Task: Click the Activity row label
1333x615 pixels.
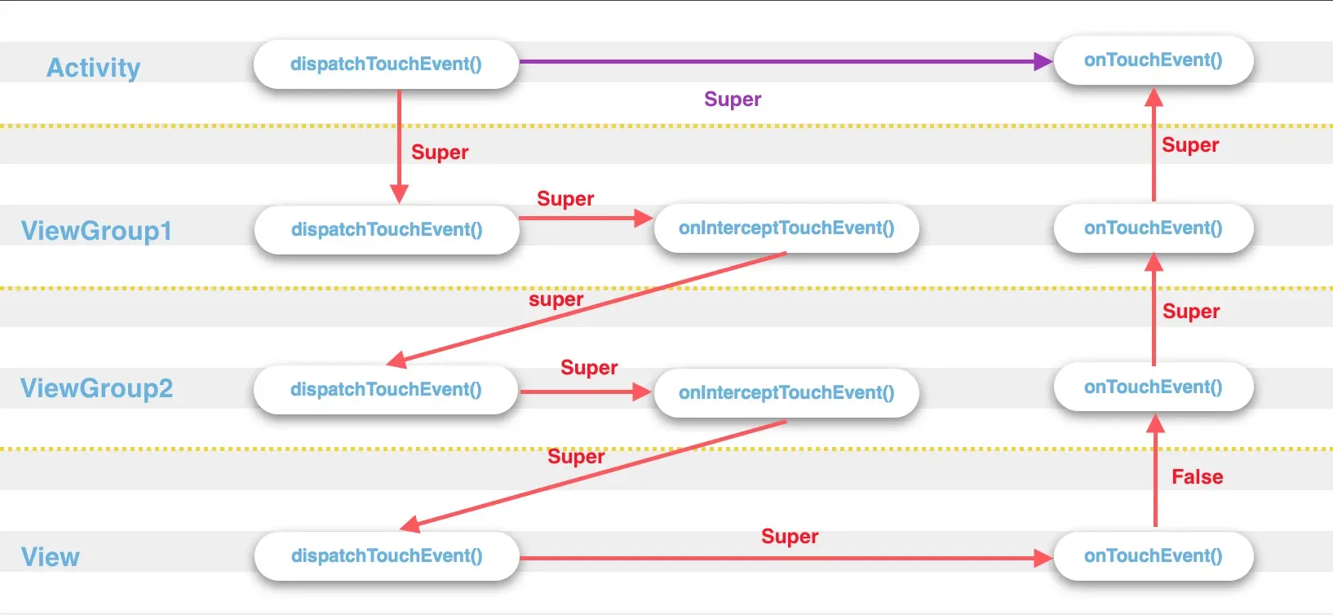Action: [x=93, y=68]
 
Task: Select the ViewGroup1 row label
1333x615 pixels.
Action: [x=96, y=231]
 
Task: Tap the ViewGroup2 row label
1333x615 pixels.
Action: [x=96, y=388]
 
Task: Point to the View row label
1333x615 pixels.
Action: [x=51, y=557]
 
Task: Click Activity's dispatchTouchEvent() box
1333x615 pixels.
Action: [x=386, y=64]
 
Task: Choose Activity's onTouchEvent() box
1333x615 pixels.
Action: [x=1153, y=60]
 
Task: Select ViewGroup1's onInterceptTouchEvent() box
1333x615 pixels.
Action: [x=786, y=228]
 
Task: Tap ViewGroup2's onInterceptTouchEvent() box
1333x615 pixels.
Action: [x=786, y=393]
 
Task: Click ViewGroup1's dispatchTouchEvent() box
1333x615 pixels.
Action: [x=387, y=230]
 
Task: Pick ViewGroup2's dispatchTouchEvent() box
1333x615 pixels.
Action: [x=386, y=390]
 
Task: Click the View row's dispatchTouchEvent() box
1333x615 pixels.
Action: [x=387, y=556]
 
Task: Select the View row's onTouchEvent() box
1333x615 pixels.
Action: [x=1153, y=556]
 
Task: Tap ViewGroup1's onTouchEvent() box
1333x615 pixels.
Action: [x=1153, y=228]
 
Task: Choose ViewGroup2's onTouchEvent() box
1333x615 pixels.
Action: [x=1153, y=387]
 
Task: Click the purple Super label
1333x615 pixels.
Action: [x=733, y=100]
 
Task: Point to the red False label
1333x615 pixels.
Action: [x=1197, y=477]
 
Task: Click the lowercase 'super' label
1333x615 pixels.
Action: [x=556, y=299]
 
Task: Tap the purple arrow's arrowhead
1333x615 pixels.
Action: [x=1043, y=61]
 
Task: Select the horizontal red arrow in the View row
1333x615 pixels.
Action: [x=783, y=559]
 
